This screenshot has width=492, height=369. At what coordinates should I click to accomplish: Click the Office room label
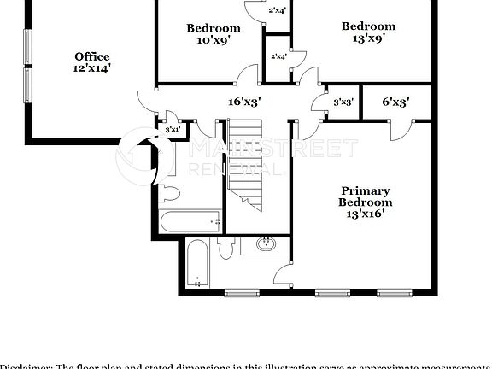pos(91,57)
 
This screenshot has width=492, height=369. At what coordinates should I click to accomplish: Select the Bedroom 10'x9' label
pos(214,28)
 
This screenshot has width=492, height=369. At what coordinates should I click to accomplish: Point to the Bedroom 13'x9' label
pos(368,26)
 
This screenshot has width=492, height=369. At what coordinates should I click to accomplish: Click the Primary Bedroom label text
pos(365,196)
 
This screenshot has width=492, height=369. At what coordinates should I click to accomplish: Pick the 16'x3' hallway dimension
pos(244,101)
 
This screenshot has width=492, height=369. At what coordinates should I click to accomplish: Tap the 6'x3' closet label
pos(395,102)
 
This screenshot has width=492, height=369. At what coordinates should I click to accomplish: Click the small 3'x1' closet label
pos(173,130)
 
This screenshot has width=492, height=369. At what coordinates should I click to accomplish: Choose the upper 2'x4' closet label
pos(277,11)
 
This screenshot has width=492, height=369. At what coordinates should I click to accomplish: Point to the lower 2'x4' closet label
pos(278,56)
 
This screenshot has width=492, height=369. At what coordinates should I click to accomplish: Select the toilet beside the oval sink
pos(225,249)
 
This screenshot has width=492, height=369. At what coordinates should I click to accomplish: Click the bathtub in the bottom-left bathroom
pos(196,264)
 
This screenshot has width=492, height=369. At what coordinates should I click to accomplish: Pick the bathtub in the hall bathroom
pos(190,221)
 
